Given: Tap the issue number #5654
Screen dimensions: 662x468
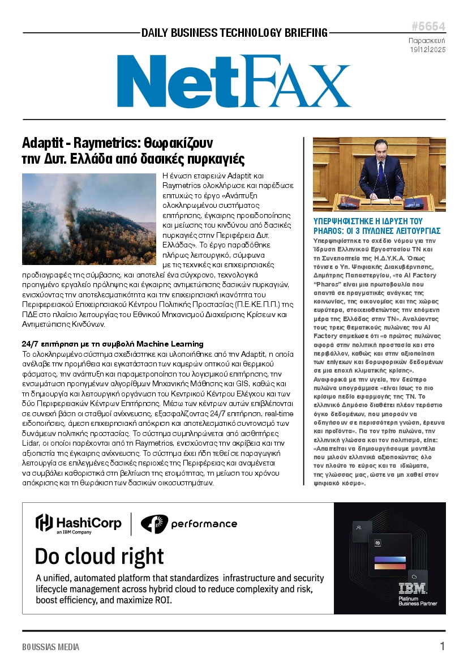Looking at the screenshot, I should click(x=428, y=27).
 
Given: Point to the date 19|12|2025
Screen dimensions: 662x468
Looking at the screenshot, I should click(x=428, y=50).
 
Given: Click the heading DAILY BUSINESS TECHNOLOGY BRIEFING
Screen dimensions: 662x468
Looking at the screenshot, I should click(x=234, y=33).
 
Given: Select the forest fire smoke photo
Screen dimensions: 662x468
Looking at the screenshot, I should click(x=88, y=219).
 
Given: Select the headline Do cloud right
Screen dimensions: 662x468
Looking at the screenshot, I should click(x=99, y=556).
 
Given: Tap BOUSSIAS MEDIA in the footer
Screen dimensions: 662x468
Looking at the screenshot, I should click(x=51, y=647).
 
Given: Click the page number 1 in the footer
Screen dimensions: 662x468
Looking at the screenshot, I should click(x=442, y=646).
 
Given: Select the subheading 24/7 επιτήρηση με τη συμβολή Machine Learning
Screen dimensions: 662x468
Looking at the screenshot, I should click(x=113, y=344).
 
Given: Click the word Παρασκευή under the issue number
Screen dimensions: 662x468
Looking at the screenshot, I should click(x=427, y=41).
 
